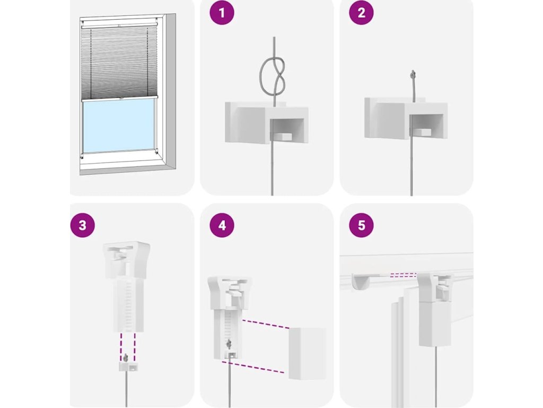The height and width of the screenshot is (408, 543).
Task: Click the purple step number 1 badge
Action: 222,13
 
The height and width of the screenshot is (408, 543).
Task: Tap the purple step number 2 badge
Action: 361,13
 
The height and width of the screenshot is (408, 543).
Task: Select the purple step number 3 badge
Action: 82,225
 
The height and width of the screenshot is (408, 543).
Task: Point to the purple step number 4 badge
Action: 222,225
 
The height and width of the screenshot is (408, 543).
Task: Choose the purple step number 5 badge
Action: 361,225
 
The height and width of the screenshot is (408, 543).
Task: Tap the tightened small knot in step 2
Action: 413,74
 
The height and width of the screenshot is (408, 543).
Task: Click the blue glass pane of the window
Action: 119,127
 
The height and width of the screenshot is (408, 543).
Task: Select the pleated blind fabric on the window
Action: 119,63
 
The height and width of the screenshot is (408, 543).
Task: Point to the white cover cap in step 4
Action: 307,353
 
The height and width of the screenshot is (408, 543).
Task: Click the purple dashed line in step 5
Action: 403,275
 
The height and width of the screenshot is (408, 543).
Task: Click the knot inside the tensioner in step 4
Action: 229,344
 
